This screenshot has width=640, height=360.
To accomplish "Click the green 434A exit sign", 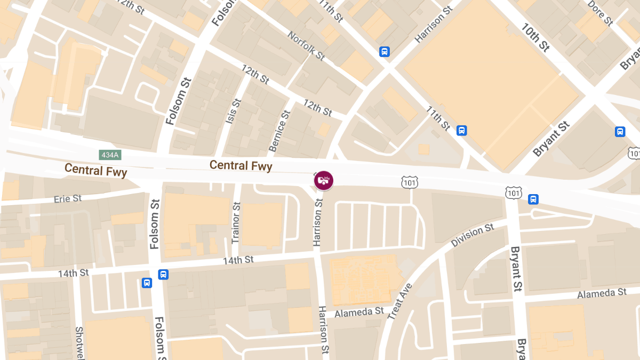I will tap(110, 155).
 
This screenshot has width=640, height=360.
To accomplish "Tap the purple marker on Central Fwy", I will tap(323, 180).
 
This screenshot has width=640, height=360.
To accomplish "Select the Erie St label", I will tap(68, 198).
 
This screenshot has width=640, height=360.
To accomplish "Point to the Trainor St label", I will tap(236, 223).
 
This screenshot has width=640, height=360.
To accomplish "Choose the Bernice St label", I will tap(279, 131).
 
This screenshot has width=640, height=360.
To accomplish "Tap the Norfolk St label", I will tap(306, 45).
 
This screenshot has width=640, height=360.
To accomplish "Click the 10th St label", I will tap(535, 37).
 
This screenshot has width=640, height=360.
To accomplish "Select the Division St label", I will tap(473, 236).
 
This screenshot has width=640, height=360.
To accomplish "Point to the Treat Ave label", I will tap(400, 302).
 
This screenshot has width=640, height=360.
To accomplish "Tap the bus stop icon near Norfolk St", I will tap(384, 52).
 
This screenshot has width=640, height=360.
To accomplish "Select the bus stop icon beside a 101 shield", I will tap(533, 199).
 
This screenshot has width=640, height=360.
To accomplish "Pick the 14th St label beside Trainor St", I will tap(238, 260).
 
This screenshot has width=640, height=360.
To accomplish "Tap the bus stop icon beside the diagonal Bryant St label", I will tap(620, 132).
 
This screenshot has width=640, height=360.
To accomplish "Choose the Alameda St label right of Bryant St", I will tap(602, 293).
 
